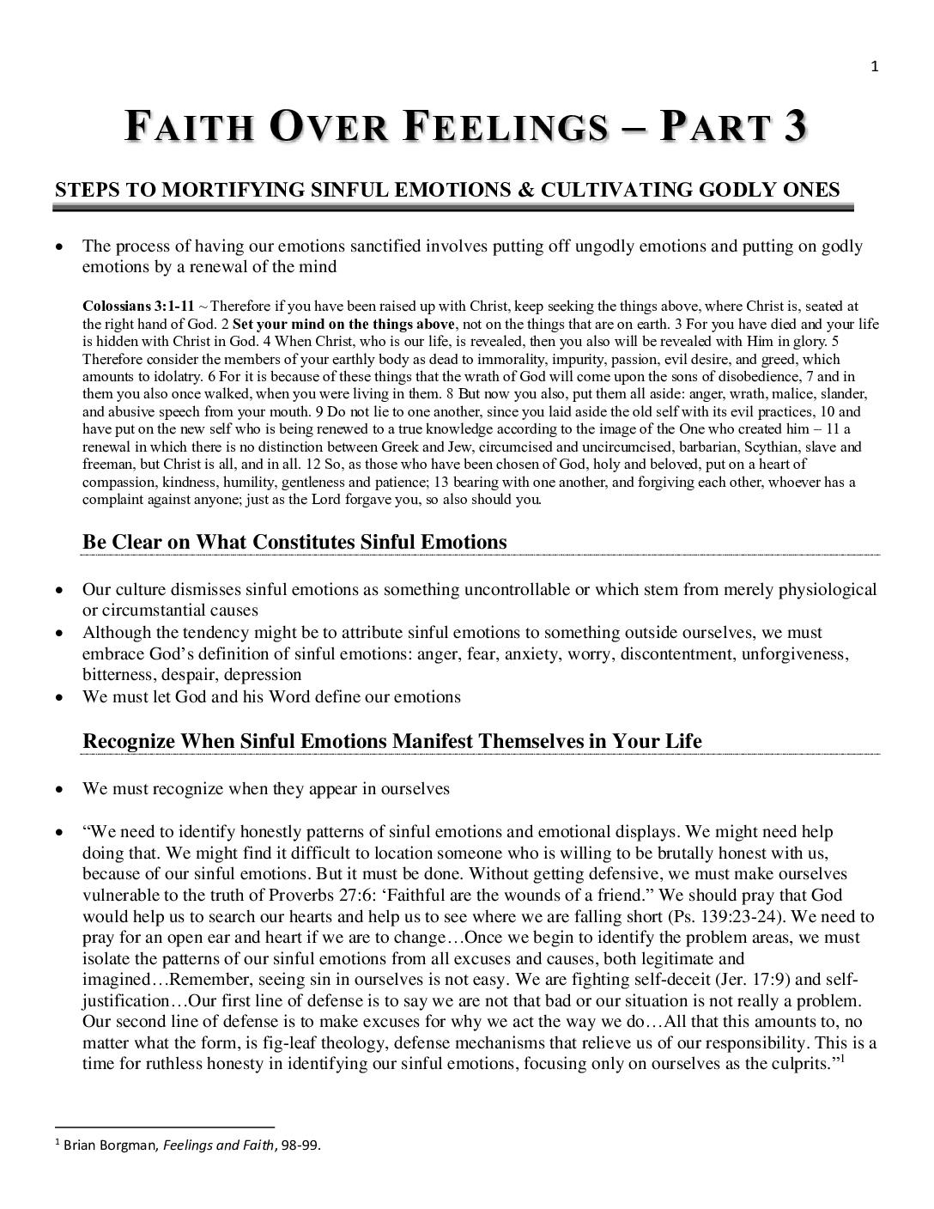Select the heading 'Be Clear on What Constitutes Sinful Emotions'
pyautogui.click(x=294, y=542)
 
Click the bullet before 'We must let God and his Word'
pyautogui.click(x=59, y=697)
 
